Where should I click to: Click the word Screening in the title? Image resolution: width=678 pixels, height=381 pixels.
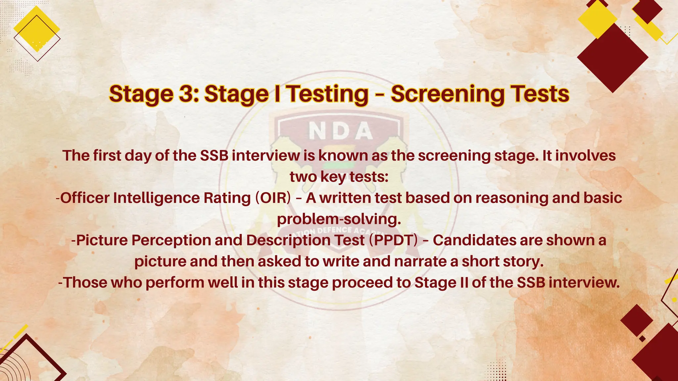click(448, 94)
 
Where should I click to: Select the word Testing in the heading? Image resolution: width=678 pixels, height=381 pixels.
click(327, 94)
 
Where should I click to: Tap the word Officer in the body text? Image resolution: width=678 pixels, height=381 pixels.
click(85, 198)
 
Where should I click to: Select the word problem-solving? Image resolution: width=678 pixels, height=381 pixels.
click(339, 219)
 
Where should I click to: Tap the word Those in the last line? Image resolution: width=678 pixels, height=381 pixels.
click(85, 283)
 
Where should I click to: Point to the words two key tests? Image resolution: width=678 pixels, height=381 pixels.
click(339, 177)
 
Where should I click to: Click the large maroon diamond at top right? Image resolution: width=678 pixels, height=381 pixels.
click(612, 58)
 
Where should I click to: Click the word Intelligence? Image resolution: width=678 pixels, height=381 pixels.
click(157, 198)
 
